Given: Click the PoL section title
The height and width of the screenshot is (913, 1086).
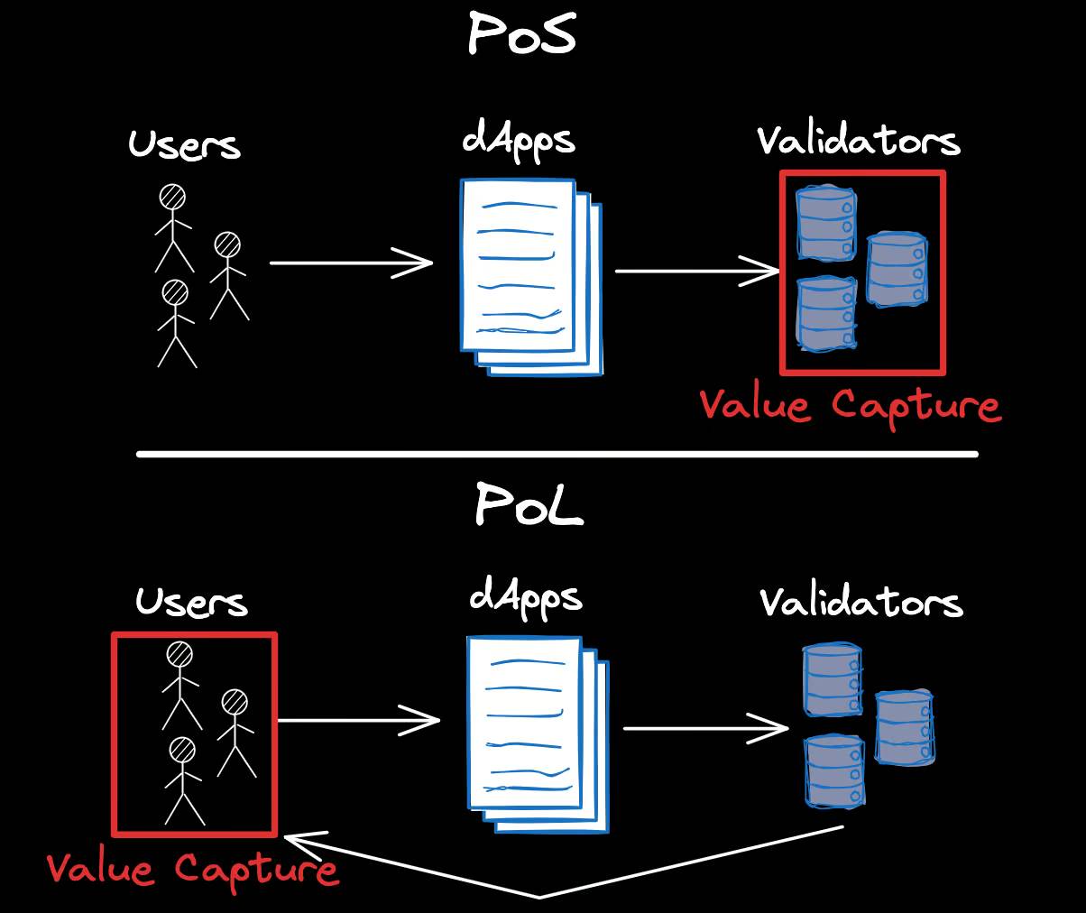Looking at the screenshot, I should point(529,506).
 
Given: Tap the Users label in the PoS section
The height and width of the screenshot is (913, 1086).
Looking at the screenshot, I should point(184,144).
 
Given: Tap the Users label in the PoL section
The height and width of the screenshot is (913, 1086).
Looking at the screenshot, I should point(191,602).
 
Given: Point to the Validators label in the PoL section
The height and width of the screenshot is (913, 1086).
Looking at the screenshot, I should point(861,602).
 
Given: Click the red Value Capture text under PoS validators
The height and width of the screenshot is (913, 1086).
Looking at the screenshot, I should point(850,405).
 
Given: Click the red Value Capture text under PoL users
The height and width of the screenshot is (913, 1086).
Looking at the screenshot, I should point(193,869).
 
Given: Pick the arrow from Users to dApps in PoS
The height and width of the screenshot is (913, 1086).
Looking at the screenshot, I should point(351,263).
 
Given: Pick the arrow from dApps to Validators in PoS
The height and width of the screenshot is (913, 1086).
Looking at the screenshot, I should point(696,271).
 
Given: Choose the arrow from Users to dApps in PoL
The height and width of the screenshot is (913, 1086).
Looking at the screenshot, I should point(358,721).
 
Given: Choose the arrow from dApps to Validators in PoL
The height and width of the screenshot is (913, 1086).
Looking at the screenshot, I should point(705,728).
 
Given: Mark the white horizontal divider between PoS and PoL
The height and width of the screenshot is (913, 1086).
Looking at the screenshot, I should point(557,454).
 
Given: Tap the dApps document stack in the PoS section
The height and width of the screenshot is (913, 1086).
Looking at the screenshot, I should point(529,275).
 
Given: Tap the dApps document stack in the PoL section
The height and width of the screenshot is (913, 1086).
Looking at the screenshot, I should point(537,733).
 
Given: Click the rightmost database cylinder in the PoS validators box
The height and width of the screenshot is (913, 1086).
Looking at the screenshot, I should point(896,269).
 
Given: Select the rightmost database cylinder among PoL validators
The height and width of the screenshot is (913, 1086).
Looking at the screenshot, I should point(904,727).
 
